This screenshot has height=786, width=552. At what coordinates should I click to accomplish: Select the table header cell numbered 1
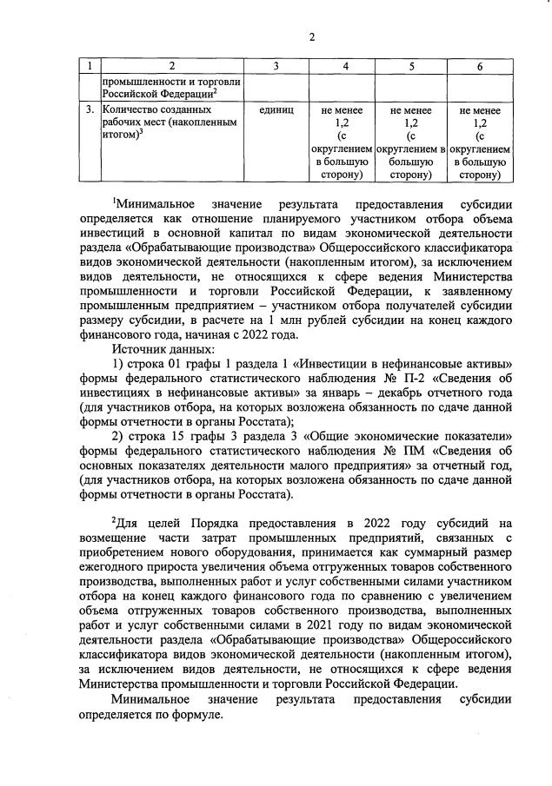coord(90,67)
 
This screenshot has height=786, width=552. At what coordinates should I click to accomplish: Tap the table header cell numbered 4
coord(345,67)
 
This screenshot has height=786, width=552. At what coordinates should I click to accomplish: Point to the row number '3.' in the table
coord(90,111)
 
